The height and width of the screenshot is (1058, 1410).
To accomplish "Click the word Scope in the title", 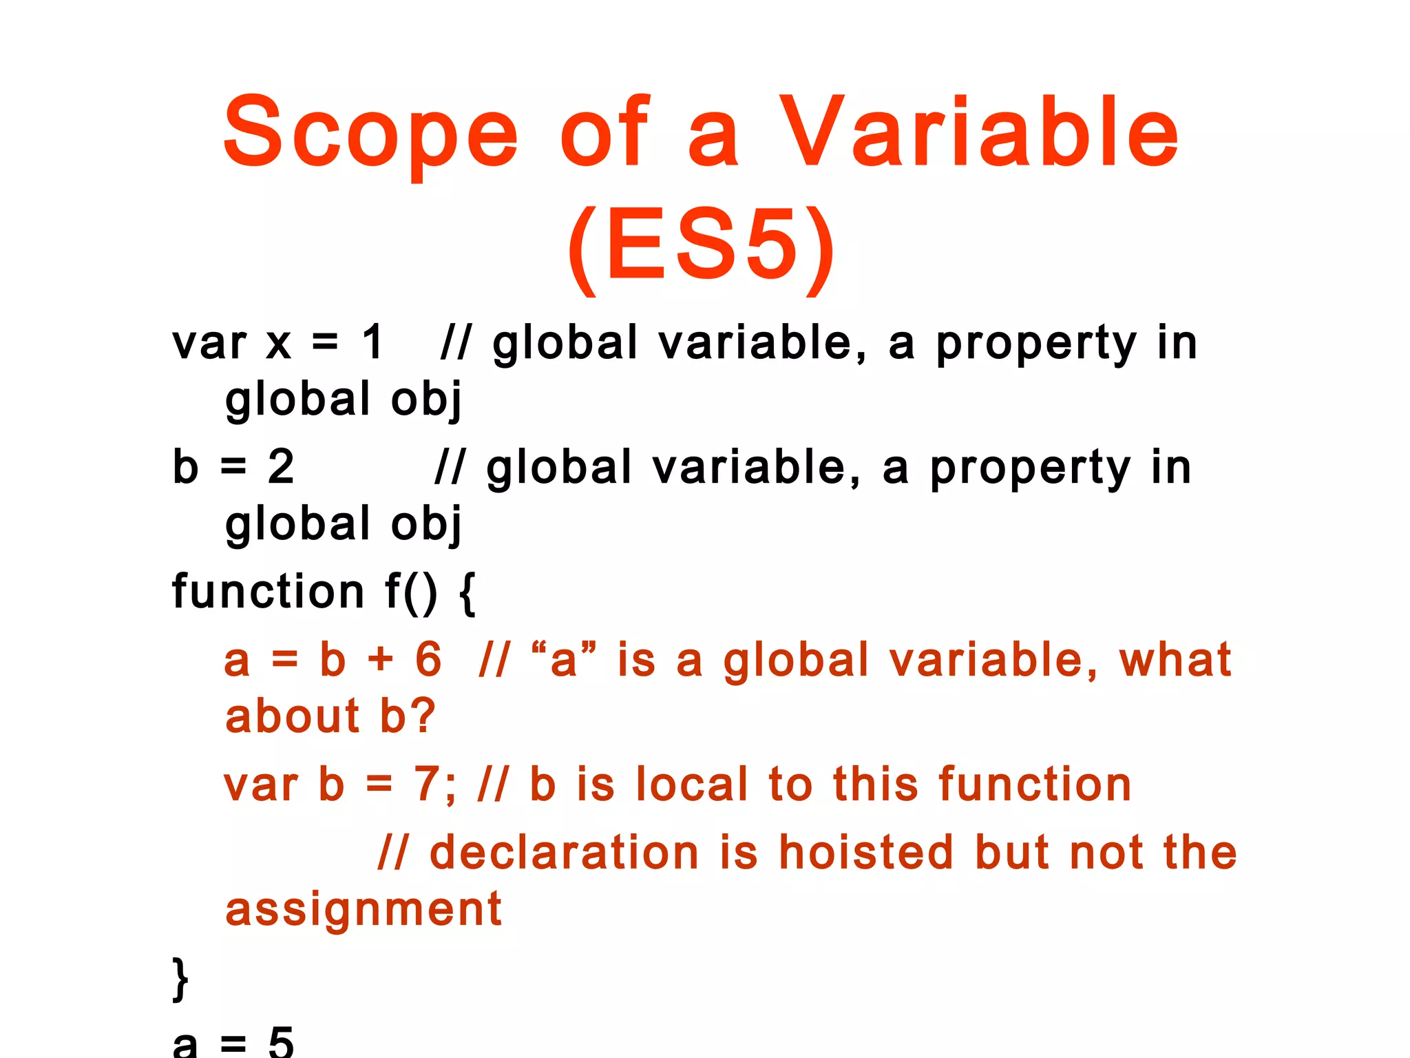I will pos(370,132).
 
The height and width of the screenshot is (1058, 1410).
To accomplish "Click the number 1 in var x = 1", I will pos(372,342).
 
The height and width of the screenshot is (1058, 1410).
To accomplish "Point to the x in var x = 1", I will pos(279,344).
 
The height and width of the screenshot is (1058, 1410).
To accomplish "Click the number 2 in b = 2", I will pos(281,467).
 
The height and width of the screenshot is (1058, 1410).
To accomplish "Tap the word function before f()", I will pos(268,591).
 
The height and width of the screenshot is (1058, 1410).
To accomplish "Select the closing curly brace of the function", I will pos(180,979).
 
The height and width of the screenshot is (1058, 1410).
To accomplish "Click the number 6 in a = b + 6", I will pos(428,659).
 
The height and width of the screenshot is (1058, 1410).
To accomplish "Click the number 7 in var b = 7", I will pos(427,784).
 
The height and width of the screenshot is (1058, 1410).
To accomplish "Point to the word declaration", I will pos(564,852).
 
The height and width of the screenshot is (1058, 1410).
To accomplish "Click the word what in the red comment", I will pos(1175,659).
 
